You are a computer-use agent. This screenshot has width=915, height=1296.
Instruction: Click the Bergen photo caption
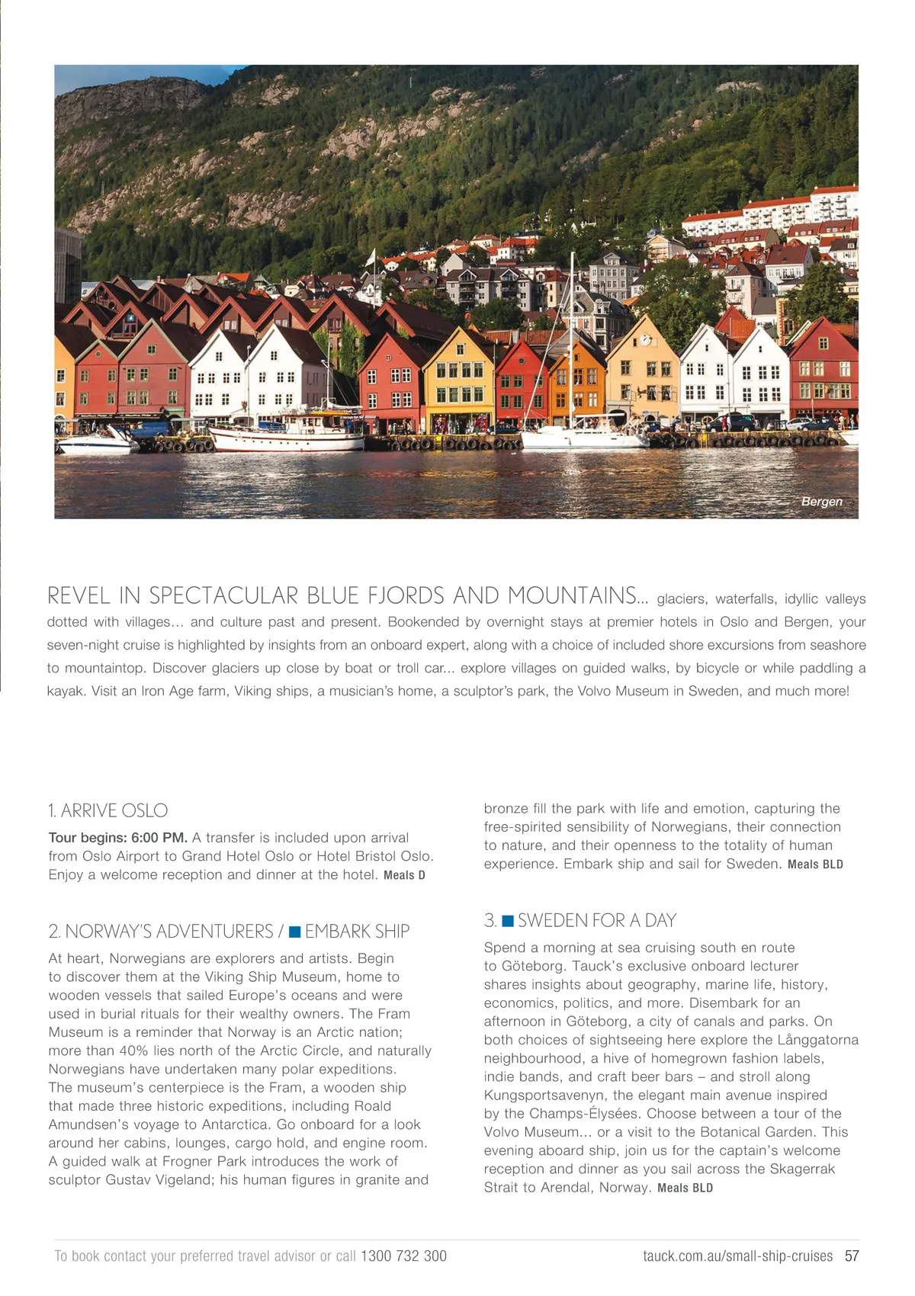click(821, 502)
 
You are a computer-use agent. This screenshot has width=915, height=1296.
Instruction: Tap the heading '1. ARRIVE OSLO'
click(108, 810)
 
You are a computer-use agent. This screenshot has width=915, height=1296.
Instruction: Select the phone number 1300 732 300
click(403, 1256)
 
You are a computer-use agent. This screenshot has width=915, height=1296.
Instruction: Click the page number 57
click(851, 1256)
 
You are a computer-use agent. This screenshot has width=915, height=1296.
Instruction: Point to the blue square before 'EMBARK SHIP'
click(294, 932)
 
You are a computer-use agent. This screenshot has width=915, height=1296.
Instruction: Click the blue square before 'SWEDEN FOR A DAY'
click(508, 921)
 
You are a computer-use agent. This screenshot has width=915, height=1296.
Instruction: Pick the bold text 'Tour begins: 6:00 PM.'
click(117, 838)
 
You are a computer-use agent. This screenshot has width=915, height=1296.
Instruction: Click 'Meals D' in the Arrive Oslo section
click(404, 875)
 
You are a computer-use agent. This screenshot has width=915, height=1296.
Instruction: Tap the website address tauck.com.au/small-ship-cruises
click(737, 1256)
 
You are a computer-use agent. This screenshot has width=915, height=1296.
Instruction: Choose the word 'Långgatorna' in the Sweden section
click(817, 1040)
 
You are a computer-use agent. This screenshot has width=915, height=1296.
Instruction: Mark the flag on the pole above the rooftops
click(371, 258)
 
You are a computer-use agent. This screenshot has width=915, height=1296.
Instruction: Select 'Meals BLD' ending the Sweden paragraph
click(685, 1188)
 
